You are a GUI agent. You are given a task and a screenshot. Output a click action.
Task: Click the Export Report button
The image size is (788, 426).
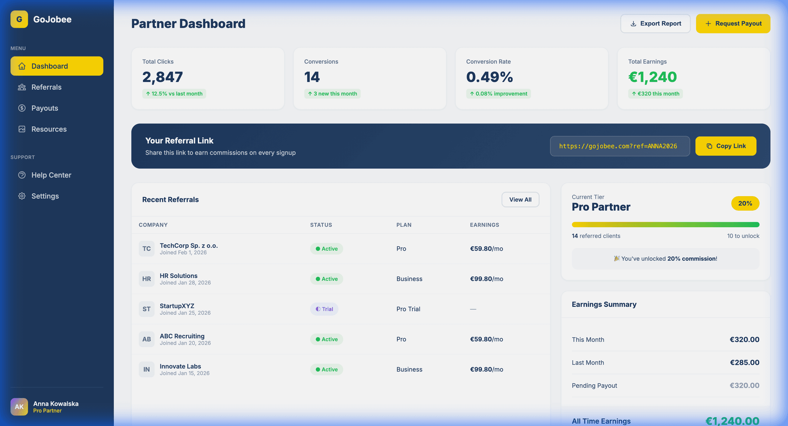point(655,24)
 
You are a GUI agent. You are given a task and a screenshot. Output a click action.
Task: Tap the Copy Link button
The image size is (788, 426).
point(726,146)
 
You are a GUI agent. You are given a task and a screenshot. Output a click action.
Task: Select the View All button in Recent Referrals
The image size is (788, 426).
point(520,200)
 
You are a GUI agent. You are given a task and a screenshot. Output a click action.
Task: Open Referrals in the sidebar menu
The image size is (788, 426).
point(46,87)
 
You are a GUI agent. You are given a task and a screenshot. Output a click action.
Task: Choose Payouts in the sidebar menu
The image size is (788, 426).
point(45,108)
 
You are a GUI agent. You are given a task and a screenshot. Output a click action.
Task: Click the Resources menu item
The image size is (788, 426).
point(49,129)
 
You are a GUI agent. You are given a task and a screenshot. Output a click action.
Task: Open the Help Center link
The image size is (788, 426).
point(51,175)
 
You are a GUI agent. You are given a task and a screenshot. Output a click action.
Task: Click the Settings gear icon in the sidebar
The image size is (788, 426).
point(22,196)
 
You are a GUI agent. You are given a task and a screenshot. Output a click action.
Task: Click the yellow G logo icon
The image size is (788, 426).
point(19,19)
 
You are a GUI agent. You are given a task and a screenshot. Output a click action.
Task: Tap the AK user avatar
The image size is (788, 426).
point(19,407)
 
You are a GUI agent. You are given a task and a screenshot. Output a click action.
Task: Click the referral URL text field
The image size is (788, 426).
point(619,146)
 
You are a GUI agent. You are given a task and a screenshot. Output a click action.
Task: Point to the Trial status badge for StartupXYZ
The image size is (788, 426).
point(324,309)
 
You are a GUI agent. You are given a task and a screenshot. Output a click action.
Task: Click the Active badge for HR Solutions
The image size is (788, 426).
point(326,279)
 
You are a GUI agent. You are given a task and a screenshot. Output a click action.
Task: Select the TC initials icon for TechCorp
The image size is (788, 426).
point(147,249)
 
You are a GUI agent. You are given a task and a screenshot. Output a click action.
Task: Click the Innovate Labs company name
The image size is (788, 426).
point(180,366)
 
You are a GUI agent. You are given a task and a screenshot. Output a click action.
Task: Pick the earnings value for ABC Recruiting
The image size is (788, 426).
point(486,339)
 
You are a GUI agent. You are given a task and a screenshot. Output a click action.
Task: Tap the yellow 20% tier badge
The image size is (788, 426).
point(745,203)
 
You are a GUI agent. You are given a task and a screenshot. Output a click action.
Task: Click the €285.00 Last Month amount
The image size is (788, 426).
point(745,363)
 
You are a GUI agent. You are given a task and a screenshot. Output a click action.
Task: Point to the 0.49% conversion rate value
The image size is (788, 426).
point(489,77)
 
